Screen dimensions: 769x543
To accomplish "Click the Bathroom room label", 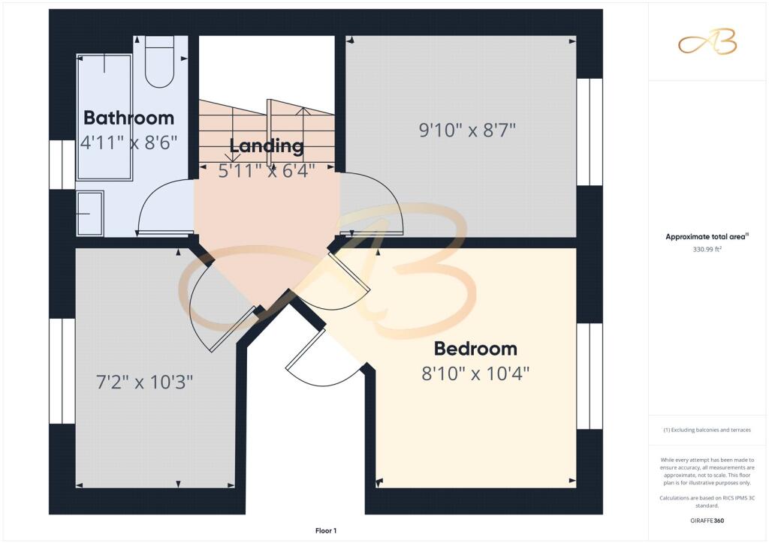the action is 128,118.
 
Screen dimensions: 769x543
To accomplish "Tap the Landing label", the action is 267,146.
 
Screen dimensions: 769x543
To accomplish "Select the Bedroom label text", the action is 475,349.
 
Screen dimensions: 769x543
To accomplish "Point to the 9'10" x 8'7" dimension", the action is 467,130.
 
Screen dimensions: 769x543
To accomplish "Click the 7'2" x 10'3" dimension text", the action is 144,382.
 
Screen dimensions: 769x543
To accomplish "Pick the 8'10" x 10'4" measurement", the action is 475,374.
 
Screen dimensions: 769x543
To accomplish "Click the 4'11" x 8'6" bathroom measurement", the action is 128,143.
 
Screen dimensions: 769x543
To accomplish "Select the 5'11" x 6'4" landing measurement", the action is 267,171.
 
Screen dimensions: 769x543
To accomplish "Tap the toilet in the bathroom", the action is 160,61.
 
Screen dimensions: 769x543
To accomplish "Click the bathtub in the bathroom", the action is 104,117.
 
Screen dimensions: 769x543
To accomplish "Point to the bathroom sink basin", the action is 90,213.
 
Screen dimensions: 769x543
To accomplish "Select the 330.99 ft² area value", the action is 707,249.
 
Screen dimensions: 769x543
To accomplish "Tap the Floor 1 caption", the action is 326,531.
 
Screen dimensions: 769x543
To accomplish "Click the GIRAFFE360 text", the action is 707,520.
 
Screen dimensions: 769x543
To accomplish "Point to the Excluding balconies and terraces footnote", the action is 707,430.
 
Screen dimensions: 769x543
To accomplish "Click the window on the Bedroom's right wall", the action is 590,376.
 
